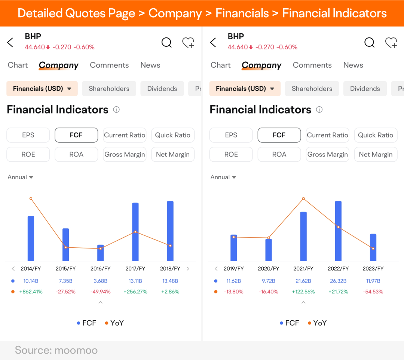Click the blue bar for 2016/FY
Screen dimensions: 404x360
click(101, 253)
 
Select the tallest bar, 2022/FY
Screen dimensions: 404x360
click(338, 231)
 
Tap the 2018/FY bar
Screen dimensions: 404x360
click(170, 231)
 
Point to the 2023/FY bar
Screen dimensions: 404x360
click(373, 247)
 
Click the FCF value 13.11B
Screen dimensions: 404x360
click(135, 281)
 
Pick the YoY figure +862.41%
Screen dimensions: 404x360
click(31, 292)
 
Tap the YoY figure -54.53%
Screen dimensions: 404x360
click(373, 292)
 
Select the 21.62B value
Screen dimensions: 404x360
click(303, 281)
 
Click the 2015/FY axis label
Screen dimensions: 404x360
click(66, 269)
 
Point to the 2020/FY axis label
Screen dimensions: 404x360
click(269, 269)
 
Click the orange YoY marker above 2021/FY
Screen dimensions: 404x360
click(303, 199)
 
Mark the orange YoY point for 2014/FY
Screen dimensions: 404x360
click(31, 199)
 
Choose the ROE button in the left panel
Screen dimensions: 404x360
click(28, 154)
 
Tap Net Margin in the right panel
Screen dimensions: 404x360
click(376, 154)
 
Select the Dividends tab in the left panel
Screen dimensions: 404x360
click(162, 89)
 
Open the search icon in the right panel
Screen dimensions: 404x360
click(370, 43)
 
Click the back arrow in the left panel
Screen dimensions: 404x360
click(10, 43)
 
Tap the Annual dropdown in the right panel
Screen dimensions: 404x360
click(223, 177)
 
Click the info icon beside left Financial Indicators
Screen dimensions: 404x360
click(116, 110)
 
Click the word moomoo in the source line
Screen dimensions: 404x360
click(76, 350)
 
